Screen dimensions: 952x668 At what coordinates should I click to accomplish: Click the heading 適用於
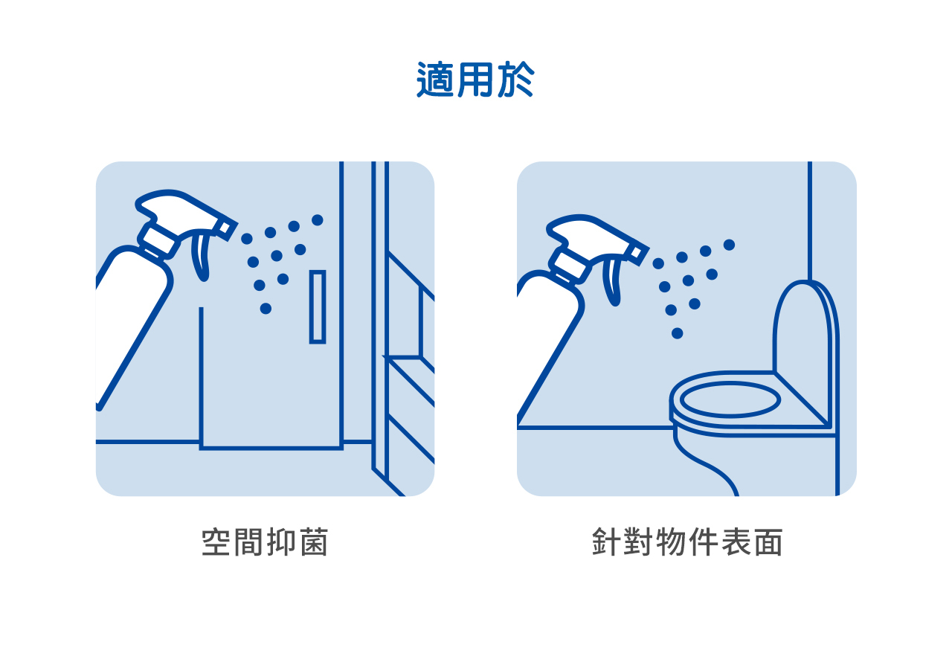tap(475, 80)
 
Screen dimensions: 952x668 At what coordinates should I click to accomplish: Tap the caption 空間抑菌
tap(265, 542)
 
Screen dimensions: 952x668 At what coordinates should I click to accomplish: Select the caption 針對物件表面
tap(686, 542)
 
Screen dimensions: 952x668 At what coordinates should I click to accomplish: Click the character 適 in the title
tap(435, 80)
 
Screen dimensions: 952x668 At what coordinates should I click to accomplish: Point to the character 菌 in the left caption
tap(314, 542)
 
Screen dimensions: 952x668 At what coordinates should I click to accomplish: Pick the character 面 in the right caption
tap(768, 542)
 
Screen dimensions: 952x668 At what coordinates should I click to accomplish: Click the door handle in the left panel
tap(318, 306)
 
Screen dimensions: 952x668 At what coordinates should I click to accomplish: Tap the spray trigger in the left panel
tap(202, 255)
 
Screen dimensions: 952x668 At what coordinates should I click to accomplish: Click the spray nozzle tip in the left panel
tap(227, 230)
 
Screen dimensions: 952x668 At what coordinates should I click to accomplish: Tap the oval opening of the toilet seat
tap(730, 400)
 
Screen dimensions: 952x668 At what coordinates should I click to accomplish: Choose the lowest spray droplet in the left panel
tap(266, 309)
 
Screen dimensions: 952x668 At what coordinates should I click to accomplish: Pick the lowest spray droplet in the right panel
tap(678, 333)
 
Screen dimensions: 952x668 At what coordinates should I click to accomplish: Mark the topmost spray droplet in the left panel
tap(318, 219)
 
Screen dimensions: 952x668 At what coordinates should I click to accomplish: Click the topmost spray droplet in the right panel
tap(730, 245)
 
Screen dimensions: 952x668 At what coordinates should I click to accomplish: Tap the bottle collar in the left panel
tap(156, 240)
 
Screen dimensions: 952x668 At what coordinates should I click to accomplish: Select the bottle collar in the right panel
tap(567, 265)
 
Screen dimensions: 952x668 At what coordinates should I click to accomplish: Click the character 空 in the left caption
tap(216, 542)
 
